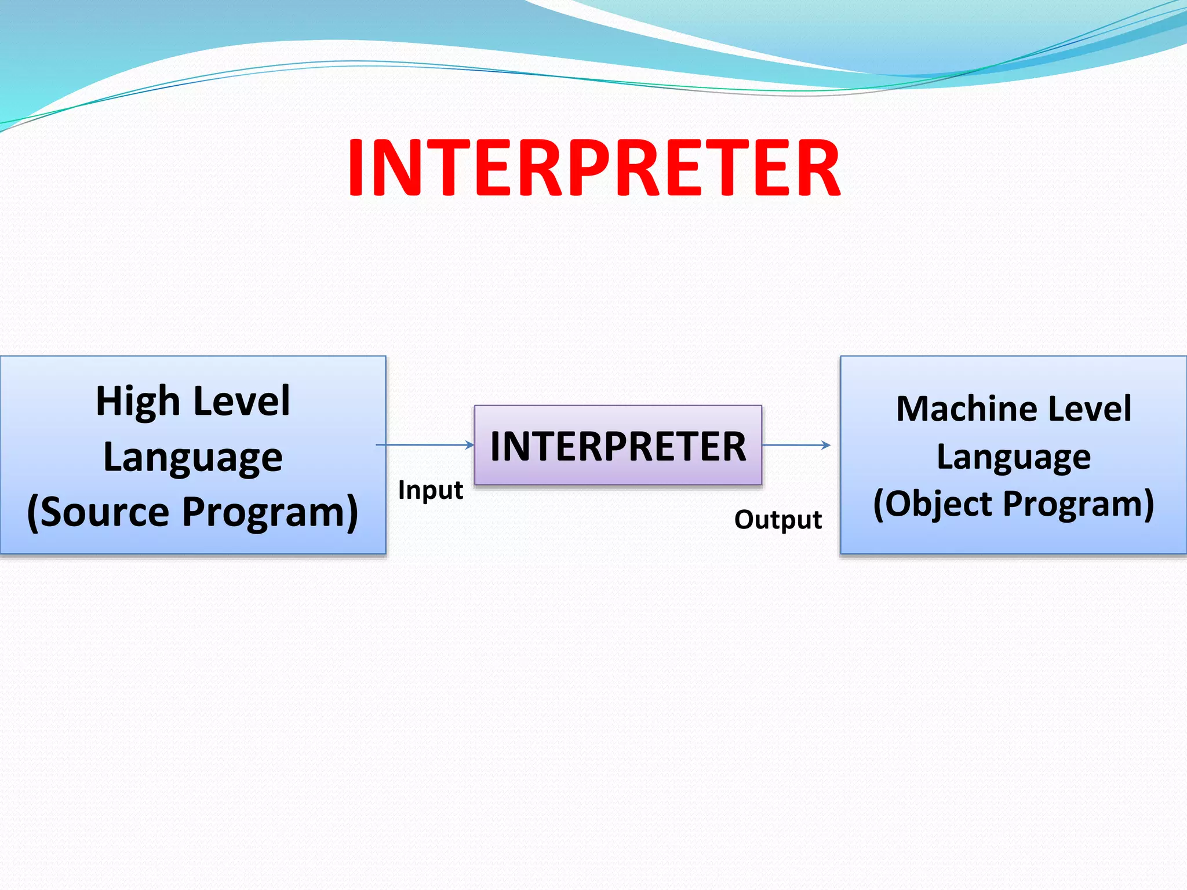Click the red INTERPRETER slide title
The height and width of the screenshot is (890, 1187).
pyautogui.click(x=593, y=168)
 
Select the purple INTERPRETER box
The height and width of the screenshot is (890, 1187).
pyautogui.click(x=618, y=446)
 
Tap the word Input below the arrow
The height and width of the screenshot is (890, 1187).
pyautogui.click(x=430, y=490)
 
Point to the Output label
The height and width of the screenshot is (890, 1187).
pyautogui.click(x=778, y=520)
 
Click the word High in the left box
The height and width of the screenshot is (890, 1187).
pyautogui.click(x=137, y=402)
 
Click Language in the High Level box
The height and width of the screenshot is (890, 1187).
pyautogui.click(x=192, y=457)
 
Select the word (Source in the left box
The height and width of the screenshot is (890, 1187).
pyautogui.click(x=99, y=512)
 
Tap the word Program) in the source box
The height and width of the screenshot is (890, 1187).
pyautogui.click(x=271, y=512)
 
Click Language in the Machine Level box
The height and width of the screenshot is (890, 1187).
pyautogui.click(x=1014, y=457)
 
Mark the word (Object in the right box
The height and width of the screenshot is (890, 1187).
pyautogui.click(x=934, y=504)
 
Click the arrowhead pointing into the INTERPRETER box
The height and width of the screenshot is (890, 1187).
pyautogui.click(x=471, y=445)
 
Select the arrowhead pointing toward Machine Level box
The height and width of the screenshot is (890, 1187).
pyautogui.click(x=826, y=445)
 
